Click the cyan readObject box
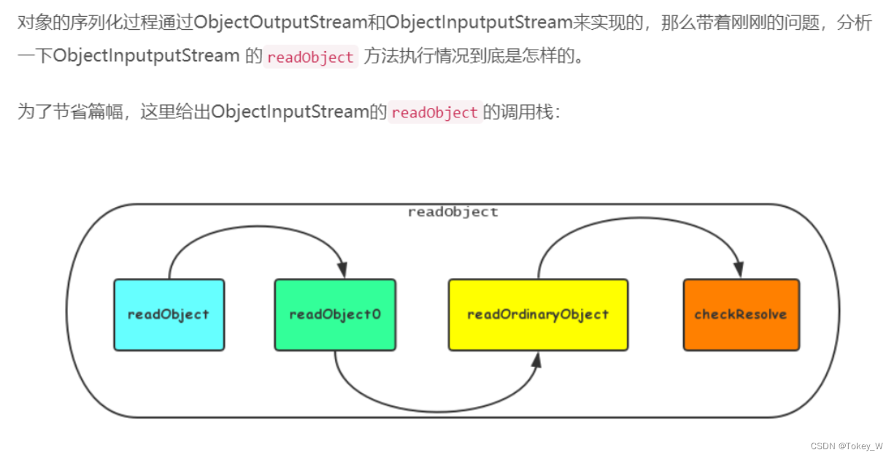click(x=169, y=315)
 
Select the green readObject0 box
click(x=335, y=315)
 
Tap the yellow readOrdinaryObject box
click(x=538, y=315)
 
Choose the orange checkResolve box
click(x=741, y=315)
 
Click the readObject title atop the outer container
click(x=452, y=212)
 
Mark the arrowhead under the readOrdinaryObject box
click(x=538, y=360)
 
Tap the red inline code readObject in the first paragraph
click(x=311, y=58)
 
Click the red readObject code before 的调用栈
click(x=435, y=113)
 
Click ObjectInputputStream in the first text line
click(x=478, y=23)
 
